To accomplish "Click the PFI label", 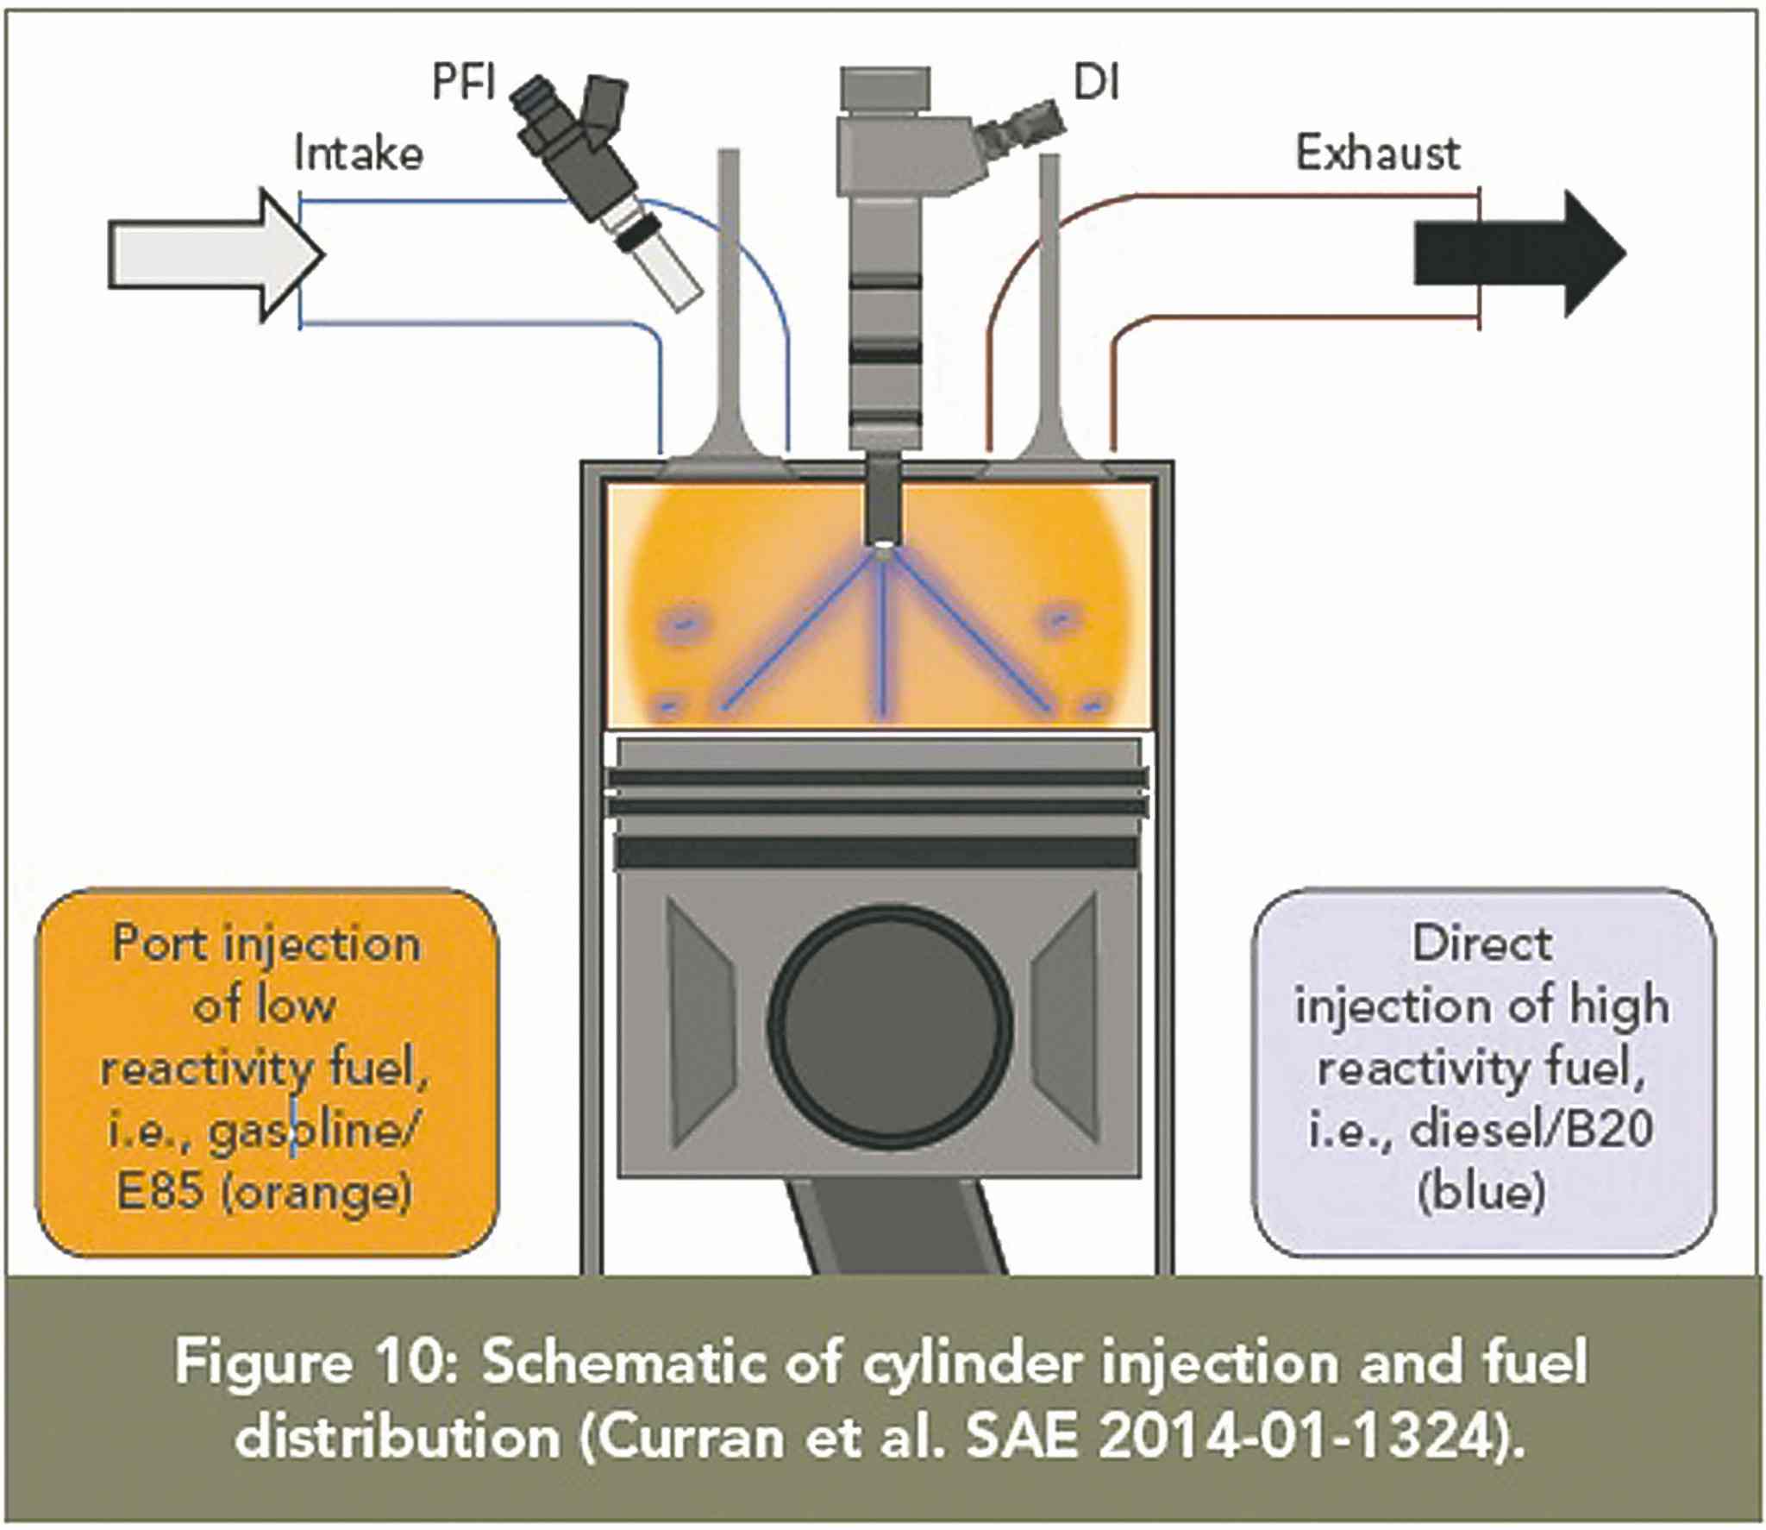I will tap(463, 84).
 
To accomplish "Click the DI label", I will tap(1095, 84).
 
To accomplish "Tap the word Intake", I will tap(358, 154).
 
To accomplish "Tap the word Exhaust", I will tap(1377, 154).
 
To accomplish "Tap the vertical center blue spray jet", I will tap(882, 638).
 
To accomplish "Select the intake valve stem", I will tap(729, 285).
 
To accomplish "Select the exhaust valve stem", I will tap(1049, 285).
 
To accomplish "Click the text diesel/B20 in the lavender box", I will tap(1531, 1130).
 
